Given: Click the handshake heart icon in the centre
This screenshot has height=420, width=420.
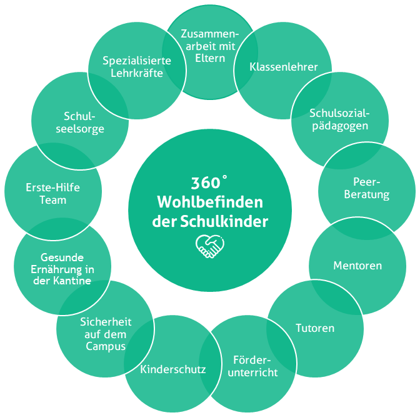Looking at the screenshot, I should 209,246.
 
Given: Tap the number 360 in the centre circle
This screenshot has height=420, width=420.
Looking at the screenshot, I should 206,184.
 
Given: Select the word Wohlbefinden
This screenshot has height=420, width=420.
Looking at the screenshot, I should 210,202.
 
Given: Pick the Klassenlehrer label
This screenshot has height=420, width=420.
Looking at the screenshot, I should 284,67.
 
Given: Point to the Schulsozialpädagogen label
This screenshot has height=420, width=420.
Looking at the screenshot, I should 340,119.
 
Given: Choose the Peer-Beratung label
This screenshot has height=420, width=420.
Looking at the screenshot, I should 371,188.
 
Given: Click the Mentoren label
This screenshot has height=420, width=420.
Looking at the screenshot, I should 357,266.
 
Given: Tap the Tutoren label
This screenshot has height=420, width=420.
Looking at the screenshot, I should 314,327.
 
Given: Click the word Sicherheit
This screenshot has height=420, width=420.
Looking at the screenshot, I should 106,322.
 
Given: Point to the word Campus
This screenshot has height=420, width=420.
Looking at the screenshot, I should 107,346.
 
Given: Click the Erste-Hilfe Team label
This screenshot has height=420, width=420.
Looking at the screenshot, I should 53,194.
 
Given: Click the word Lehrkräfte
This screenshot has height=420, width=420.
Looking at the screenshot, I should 137,74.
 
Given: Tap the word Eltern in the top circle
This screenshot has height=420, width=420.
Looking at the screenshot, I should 209,57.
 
